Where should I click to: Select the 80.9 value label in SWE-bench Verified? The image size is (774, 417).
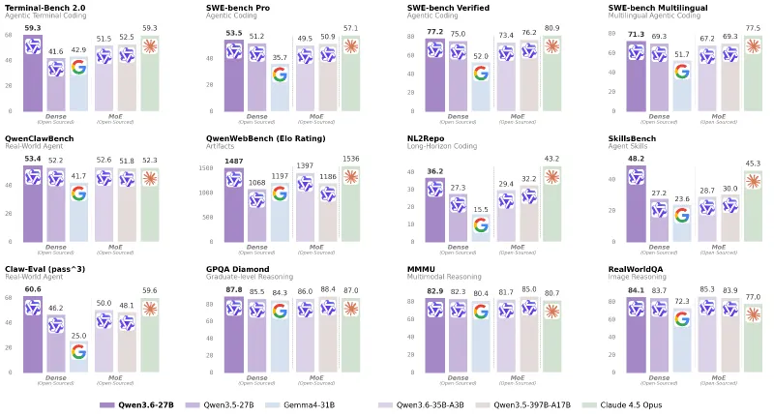551,29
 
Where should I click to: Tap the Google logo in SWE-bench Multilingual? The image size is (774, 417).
682,71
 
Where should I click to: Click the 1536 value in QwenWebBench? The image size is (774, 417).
350,159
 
